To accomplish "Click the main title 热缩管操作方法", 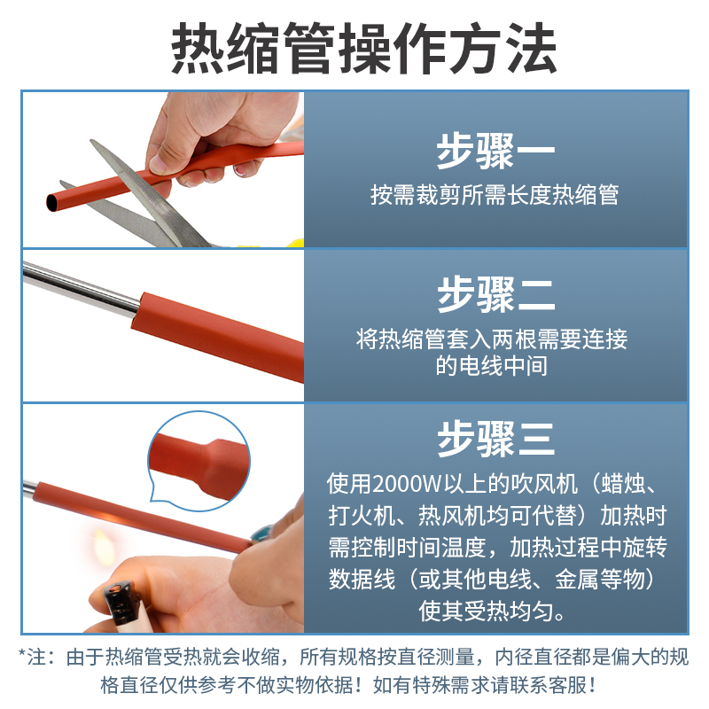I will tap(354, 44).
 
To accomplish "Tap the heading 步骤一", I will tap(495, 152).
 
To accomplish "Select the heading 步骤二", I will tap(495, 295).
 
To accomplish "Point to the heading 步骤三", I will tap(495, 438).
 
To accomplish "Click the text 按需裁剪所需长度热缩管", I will tap(495, 195).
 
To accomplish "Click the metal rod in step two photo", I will tap(80, 289).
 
